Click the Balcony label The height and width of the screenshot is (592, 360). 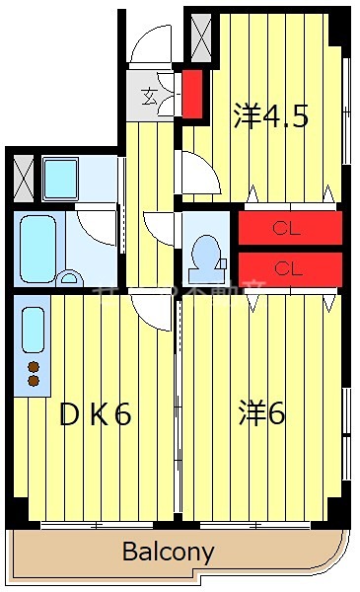click(168, 552)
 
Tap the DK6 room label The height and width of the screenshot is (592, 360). click(96, 414)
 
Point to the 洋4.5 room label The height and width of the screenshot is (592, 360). click(271, 116)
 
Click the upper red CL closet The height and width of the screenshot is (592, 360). click(290, 228)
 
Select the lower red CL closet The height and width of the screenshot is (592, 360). click(290, 267)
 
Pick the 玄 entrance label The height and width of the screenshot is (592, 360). click(149, 96)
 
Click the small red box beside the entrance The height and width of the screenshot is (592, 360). click(192, 92)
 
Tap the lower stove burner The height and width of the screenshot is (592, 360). click(34, 381)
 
